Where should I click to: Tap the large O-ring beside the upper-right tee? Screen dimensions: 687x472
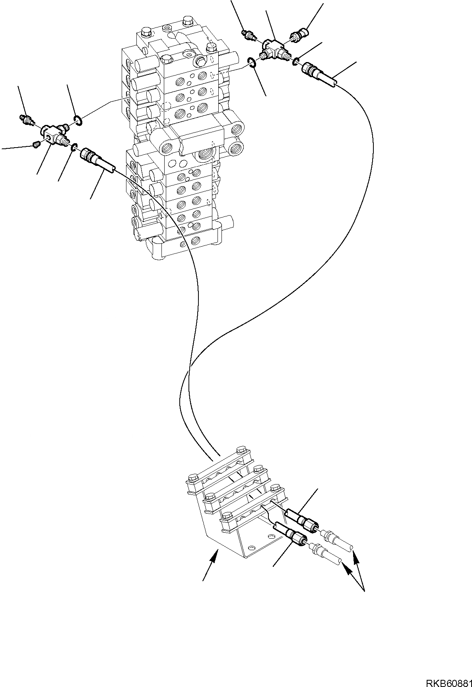click(251, 62)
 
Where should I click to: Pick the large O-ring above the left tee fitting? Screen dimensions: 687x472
click(78, 120)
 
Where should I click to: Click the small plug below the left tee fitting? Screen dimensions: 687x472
click(36, 145)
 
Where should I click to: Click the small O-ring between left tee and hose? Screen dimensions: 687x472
click(74, 148)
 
